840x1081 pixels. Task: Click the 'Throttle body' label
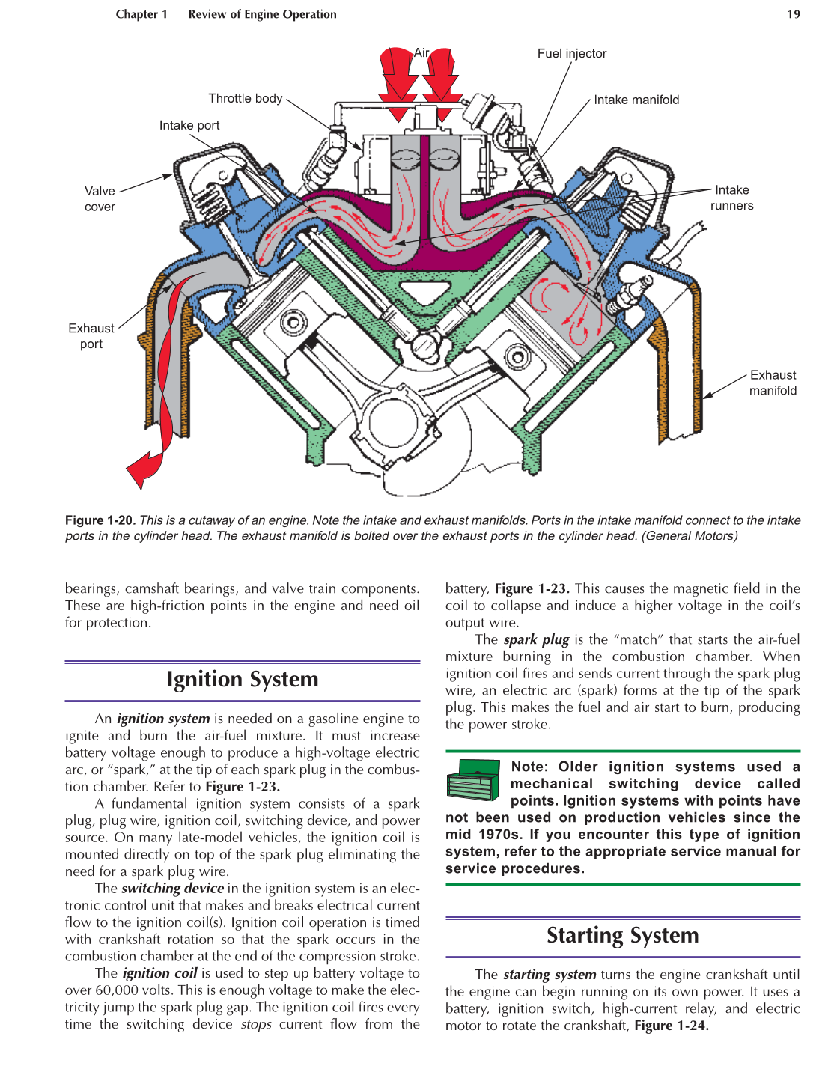(245, 98)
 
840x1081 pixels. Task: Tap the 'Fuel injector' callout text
(571, 53)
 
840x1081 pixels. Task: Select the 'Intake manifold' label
(636, 100)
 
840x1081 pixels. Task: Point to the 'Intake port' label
(189, 125)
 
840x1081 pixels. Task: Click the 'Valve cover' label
(100, 198)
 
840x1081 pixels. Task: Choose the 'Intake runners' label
(731, 198)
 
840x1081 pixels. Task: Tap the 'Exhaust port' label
(91, 336)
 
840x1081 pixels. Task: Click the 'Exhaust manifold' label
(773, 383)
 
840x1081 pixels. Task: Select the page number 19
(793, 14)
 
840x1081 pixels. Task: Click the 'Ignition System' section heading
(242, 680)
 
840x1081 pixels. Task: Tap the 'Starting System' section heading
(622, 936)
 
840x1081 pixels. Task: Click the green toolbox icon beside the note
(473, 779)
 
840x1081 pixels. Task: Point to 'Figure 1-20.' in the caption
(100, 520)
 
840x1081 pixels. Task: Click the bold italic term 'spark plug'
(536, 639)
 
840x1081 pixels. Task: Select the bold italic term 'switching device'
(172, 889)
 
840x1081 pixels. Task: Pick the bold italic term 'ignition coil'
(159, 973)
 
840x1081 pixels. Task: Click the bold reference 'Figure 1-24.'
(671, 1026)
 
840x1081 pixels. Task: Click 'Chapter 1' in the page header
(141, 14)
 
